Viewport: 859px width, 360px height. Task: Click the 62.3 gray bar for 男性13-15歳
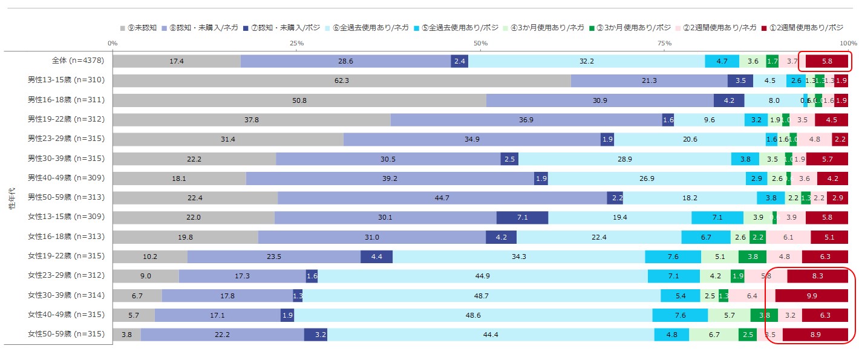342,80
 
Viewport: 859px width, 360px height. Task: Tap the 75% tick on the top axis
664,44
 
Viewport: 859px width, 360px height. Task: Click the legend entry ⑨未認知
139,28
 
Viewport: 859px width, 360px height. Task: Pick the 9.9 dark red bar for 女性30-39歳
811,295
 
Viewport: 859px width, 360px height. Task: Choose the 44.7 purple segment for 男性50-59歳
442,198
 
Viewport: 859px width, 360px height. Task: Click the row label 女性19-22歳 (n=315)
67,257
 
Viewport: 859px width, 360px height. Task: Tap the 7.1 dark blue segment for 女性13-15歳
522,217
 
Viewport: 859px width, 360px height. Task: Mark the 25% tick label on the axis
296,44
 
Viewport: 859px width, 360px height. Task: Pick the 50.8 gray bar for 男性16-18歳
299,100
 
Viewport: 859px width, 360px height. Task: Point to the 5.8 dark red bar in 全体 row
827,61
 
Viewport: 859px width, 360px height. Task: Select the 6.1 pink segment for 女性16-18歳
788,237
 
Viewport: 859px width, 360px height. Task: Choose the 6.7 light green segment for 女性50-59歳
714,335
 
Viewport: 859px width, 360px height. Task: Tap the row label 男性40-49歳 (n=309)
67,178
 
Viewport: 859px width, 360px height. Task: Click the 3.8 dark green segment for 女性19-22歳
752,257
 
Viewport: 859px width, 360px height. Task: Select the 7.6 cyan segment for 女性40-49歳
680,315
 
